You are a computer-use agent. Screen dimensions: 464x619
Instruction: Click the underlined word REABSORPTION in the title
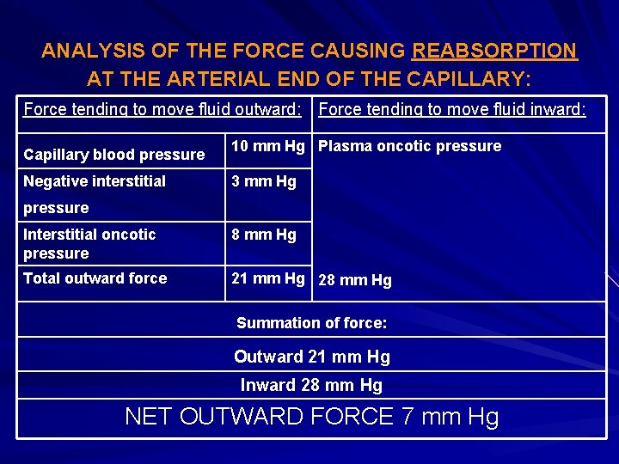click(x=494, y=51)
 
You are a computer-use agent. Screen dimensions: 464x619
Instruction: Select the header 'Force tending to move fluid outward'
click(x=162, y=109)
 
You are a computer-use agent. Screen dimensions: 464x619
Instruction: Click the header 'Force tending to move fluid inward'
click(x=452, y=109)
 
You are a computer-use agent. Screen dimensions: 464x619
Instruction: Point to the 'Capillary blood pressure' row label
click(x=113, y=155)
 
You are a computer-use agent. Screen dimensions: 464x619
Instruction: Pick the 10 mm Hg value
click(x=268, y=146)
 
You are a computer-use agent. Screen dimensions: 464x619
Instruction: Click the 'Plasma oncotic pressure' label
click(x=409, y=146)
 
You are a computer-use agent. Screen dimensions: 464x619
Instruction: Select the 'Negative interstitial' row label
click(x=95, y=181)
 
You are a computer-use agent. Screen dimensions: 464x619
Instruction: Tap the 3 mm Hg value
click(x=263, y=181)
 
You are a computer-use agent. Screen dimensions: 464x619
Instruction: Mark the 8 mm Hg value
click(x=263, y=234)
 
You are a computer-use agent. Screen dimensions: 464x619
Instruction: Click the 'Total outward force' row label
click(x=95, y=278)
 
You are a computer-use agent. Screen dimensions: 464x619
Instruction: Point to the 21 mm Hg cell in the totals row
click(x=268, y=278)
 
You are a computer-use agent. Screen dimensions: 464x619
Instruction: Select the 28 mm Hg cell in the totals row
click(x=355, y=280)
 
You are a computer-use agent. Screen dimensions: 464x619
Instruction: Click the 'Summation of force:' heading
click(x=311, y=323)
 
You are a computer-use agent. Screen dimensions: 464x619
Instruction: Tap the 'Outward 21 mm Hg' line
click(x=311, y=357)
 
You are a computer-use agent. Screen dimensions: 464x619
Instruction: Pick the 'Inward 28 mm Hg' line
click(x=311, y=385)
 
